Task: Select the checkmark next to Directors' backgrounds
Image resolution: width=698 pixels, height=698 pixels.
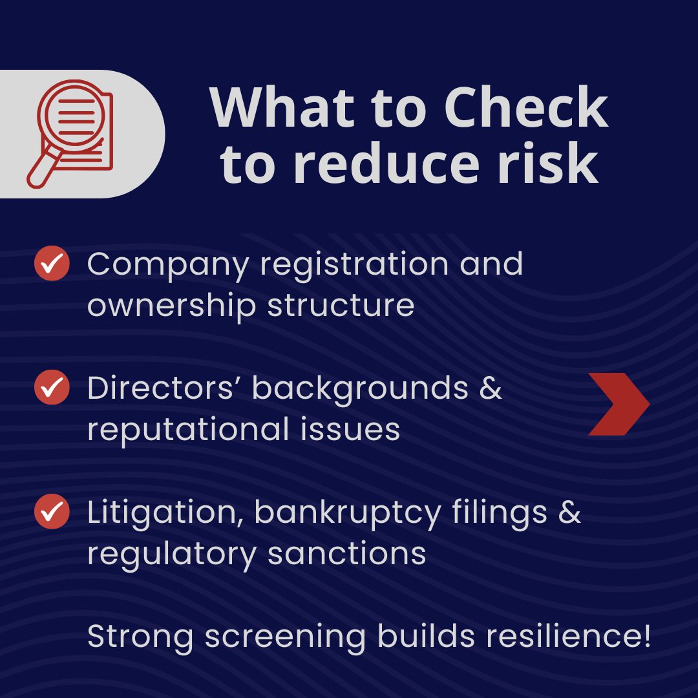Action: pyautogui.click(x=52, y=388)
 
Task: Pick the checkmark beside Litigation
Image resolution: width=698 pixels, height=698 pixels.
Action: pyautogui.click(x=52, y=513)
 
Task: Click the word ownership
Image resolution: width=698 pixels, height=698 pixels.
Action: pyautogui.click(x=171, y=305)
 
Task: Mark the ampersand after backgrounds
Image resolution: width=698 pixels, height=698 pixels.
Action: pyautogui.click(x=491, y=388)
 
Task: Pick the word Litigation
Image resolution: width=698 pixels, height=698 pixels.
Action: pyautogui.click(x=164, y=513)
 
